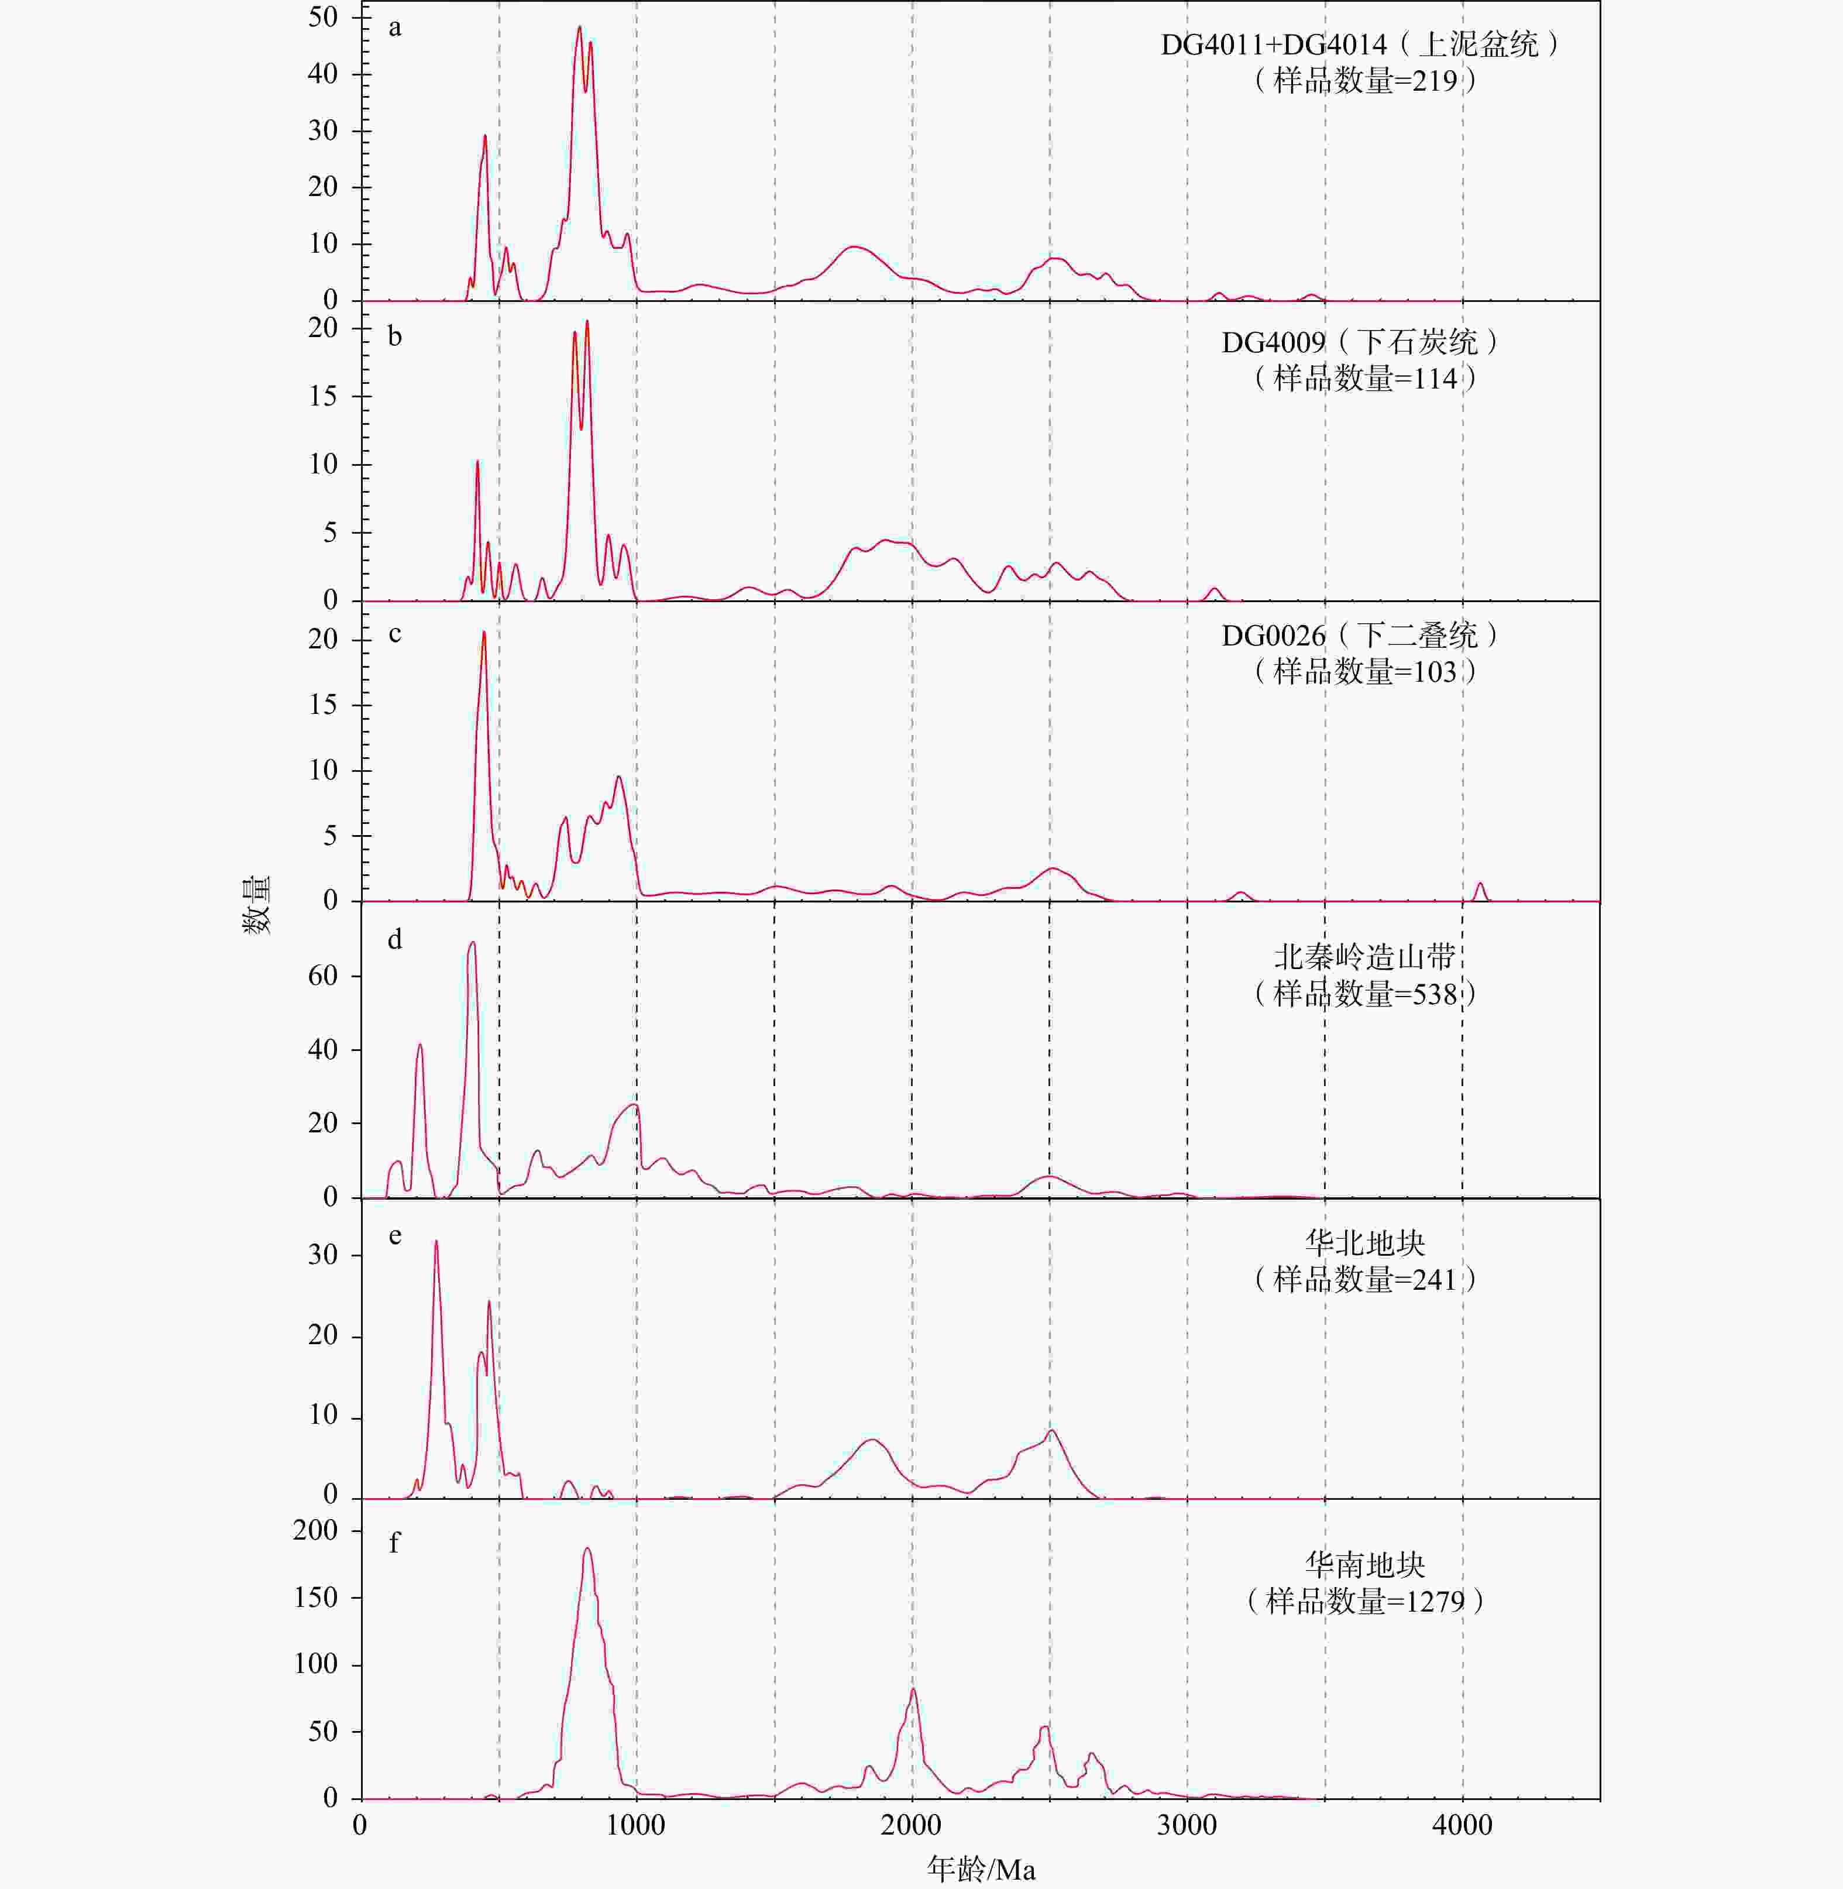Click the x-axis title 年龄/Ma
pos(981,1868)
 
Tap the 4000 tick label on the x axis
pos(1462,1825)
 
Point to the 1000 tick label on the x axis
pos(636,1825)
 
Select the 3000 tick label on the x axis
pos(1187,1825)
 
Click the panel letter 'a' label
pos(395,27)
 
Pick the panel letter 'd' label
pos(395,939)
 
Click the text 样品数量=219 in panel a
pos(1365,80)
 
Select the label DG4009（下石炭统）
pos(1360,342)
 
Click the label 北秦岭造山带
pos(1365,957)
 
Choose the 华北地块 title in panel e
pos(1365,1242)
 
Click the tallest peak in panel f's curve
pos(587,1548)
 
